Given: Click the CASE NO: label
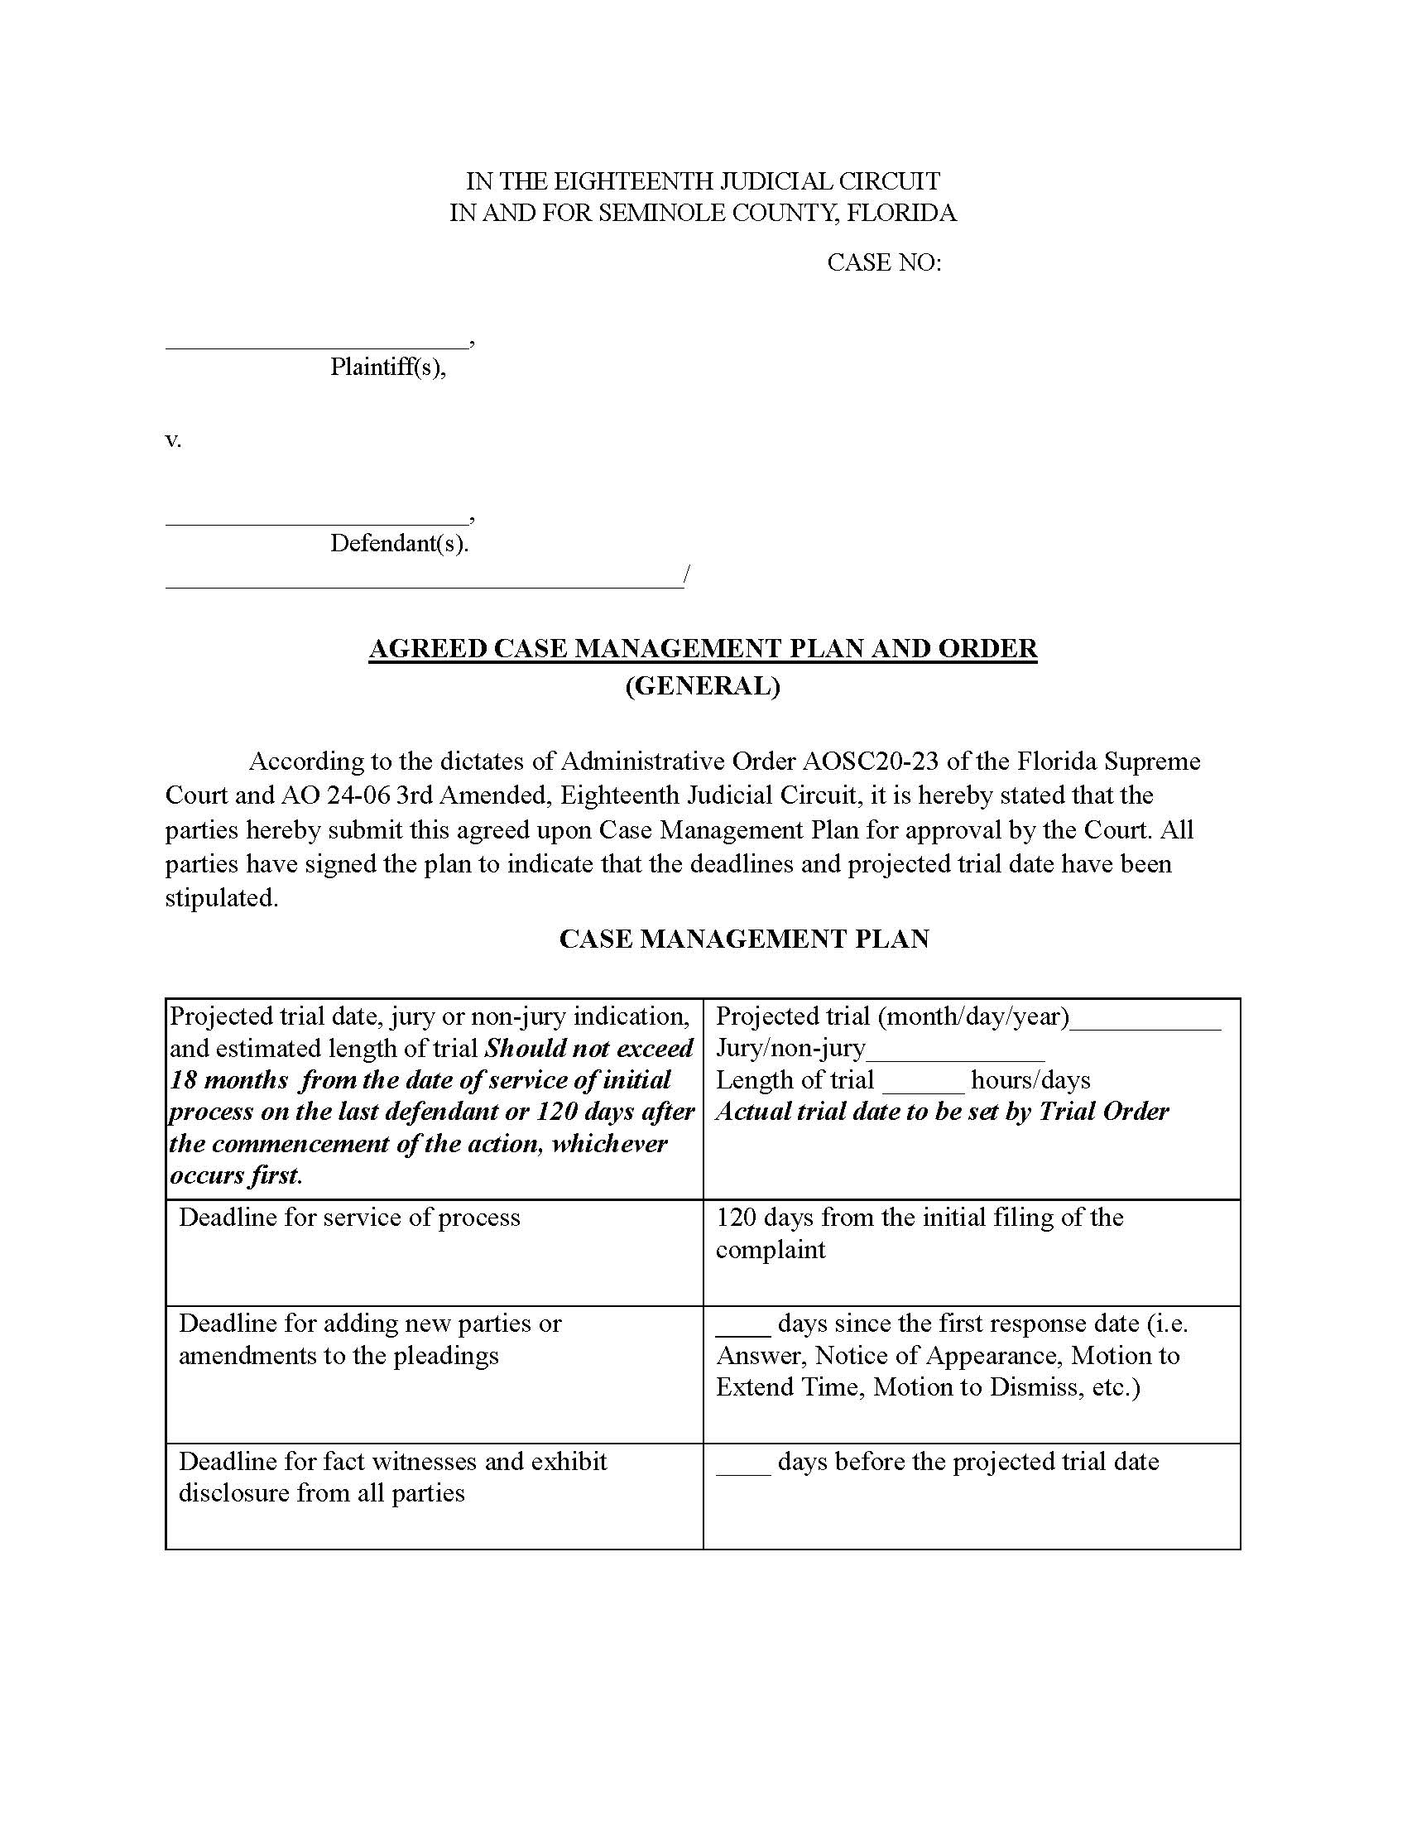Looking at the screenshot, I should click(x=884, y=262).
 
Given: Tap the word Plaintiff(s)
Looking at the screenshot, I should click(x=387, y=367).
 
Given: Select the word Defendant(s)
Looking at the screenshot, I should click(x=399, y=544).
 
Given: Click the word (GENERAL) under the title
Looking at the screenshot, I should click(x=703, y=685).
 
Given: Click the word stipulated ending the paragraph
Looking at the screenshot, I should click(x=220, y=898).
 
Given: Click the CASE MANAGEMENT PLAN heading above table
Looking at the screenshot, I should click(x=743, y=939).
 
